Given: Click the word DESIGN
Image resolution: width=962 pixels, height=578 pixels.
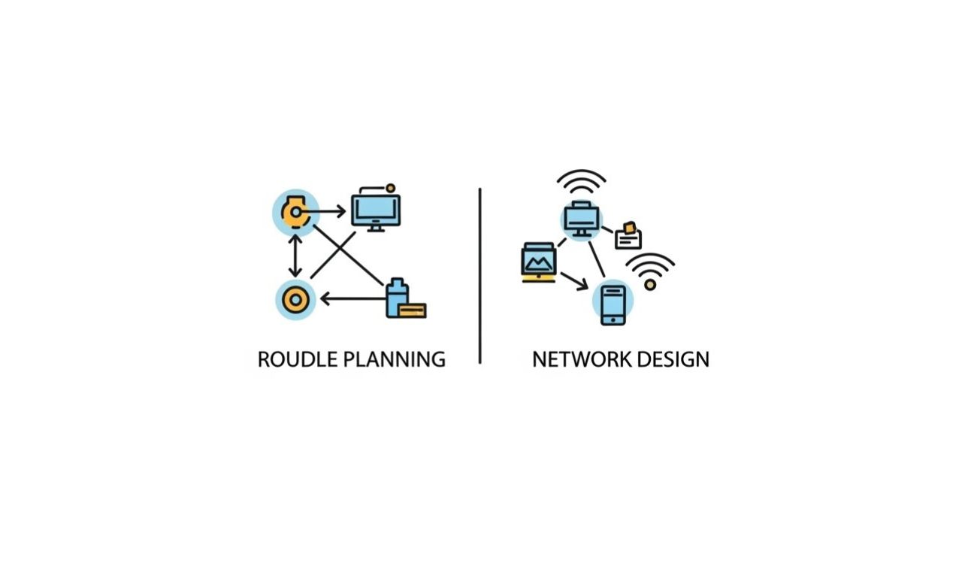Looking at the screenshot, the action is pyautogui.click(x=673, y=359).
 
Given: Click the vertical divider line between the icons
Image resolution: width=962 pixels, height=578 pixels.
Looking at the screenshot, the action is pyautogui.click(x=479, y=276).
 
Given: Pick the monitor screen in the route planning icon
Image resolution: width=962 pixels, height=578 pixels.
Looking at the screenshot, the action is pyautogui.click(x=376, y=210).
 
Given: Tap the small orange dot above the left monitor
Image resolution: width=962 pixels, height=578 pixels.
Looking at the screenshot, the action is pyautogui.click(x=390, y=188).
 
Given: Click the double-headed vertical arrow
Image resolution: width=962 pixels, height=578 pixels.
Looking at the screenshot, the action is pyautogui.click(x=295, y=256).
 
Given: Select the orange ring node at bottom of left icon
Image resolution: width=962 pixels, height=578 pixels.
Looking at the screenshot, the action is pyautogui.click(x=295, y=300).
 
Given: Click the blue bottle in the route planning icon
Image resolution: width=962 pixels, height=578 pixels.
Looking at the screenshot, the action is pyautogui.click(x=398, y=298).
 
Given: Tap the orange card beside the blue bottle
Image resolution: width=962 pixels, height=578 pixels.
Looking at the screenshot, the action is pyautogui.click(x=413, y=310).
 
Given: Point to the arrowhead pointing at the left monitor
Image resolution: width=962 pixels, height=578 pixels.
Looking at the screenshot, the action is pyautogui.click(x=341, y=211).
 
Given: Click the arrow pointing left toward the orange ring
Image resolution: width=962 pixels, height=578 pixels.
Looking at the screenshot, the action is pyautogui.click(x=352, y=298).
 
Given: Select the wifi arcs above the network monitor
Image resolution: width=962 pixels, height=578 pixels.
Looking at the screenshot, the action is pyautogui.click(x=582, y=181).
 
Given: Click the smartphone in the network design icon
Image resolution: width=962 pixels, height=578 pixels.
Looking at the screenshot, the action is pyautogui.click(x=613, y=305).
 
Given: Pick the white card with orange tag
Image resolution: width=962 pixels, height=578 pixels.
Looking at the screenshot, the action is pyautogui.click(x=628, y=236).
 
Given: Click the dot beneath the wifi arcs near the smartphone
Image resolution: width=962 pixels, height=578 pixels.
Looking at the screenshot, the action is pyautogui.click(x=650, y=285).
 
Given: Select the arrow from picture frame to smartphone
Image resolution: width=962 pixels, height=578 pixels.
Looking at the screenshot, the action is pyautogui.click(x=574, y=281).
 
